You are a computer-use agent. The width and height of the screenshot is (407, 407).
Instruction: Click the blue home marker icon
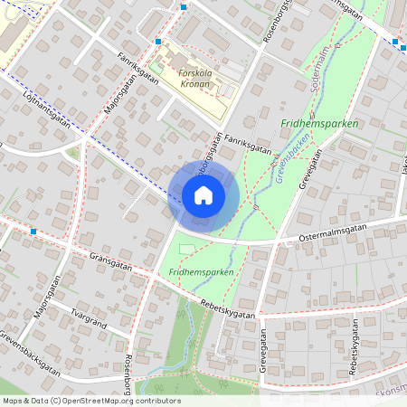(203, 195)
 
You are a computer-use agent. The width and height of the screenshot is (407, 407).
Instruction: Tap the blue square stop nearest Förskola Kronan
(158, 42)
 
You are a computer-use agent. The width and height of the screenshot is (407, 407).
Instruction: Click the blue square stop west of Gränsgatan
(33, 232)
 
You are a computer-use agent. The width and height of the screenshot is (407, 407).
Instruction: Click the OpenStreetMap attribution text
(90, 401)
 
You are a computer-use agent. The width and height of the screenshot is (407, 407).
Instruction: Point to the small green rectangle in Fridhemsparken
(187, 249)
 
